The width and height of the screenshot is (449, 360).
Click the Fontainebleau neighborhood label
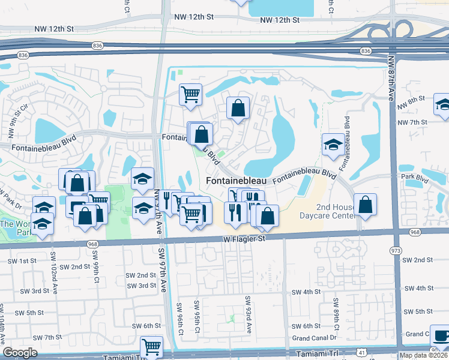(236, 180)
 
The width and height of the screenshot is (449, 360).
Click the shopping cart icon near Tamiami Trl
(151, 346)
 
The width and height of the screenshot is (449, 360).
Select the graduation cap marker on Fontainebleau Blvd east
(333, 145)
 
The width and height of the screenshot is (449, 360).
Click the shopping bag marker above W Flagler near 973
(365, 205)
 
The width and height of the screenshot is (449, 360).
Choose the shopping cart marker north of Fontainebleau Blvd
(190, 94)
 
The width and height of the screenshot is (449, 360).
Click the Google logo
(20, 353)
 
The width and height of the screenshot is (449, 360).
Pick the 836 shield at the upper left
(98, 45)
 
